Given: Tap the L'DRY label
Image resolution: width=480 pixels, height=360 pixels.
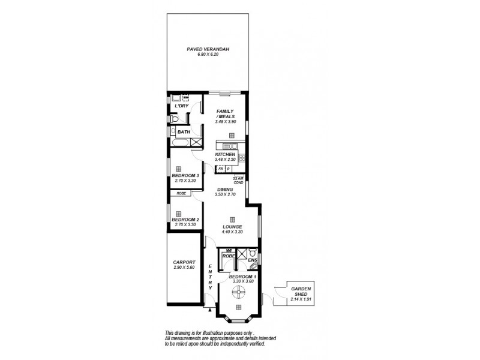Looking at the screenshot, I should [x=181, y=107].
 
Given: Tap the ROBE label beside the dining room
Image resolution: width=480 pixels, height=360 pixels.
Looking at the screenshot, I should [x=181, y=193].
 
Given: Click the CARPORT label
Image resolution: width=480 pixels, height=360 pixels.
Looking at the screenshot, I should [x=185, y=263].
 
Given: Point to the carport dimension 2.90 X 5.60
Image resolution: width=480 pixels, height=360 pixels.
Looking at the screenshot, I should [x=185, y=268].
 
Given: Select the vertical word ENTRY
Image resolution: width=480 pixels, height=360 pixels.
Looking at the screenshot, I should [x=211, y=278].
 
